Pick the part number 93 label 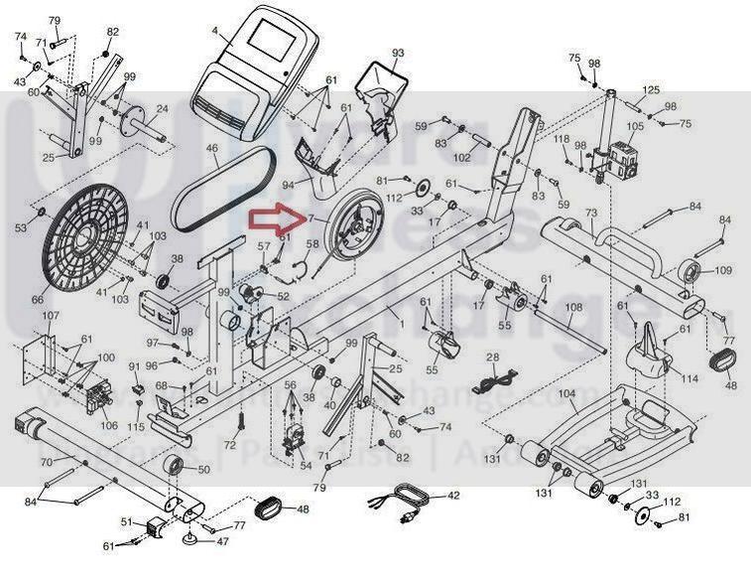click(x=398, y=53)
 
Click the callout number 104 click(x=567, y=394)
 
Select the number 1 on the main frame click(x=401, y=324)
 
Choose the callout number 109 click(x=722, y=270)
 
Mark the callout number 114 click(x=688, y=378)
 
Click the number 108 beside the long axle click(x=573, y=309)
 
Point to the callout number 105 click(x=635, y=126)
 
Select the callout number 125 click(x=651, y=90)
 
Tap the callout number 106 click(x=109, y=425)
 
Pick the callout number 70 click(x=45, y=461)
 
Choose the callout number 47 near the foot click(x=223, y=542)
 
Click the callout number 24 click(x=162, y=109)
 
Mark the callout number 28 click(x=493, y=357)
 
